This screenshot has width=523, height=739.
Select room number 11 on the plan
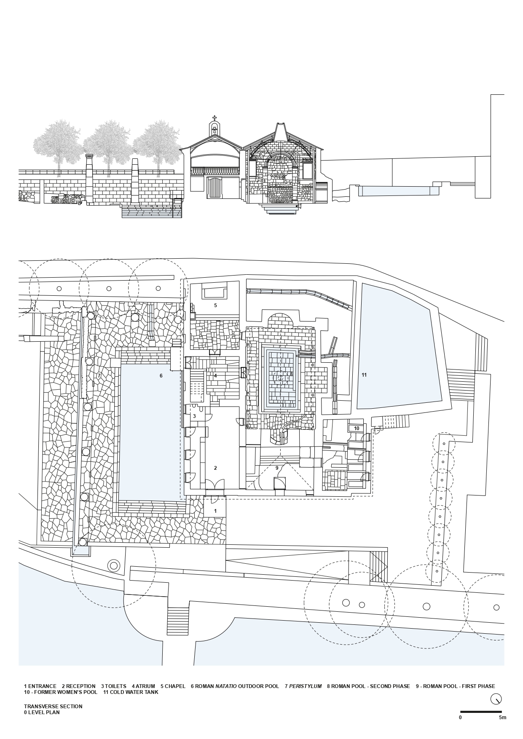pyautogui.click(x=364, y=375)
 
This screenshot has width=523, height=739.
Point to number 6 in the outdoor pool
pyautogui.click(x=161, y=375)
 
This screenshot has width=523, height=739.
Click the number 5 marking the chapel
pyautogui.click(x=215, y=305)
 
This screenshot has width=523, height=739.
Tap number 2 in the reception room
pyautogui.click(x=215, y=468)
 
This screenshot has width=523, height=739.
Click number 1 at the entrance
pyautogui.click(x=215, y=511)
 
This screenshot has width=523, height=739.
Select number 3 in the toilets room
pyautogui.click(x=194, y=416)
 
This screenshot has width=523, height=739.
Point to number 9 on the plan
pyautogui.click(x=277, y=468)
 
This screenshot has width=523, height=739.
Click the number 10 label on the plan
pyautogui.click(x=357, y=428)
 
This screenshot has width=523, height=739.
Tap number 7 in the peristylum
pyautogui.click(x=99, y=375)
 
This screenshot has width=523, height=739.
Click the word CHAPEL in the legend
pyautogui.click(x=175, y=686)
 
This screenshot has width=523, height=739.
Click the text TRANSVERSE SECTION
pyautogui.click(x=53, y=706)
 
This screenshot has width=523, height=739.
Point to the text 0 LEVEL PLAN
pyautogui.click(x=42, y=712)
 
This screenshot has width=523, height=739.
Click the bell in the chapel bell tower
pyautogui.click(x=215, y=131)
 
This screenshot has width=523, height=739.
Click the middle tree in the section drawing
pyautogui.click(x=109, y=145)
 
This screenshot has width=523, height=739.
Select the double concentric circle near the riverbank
pyautogui.click(x=113, y=565)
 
